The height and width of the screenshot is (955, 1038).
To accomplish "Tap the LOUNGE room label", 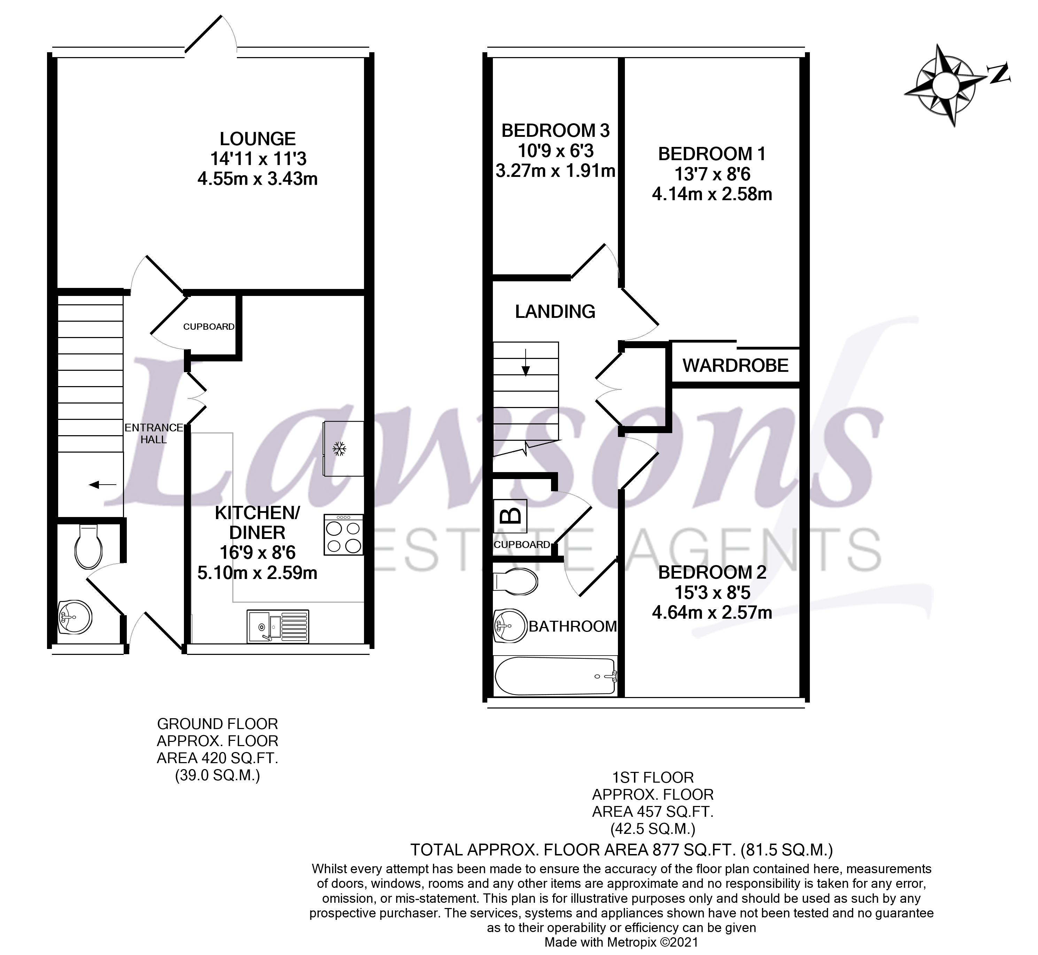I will click(x=257, y=139).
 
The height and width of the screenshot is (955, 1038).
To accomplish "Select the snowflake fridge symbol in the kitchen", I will click(x=339, y=448).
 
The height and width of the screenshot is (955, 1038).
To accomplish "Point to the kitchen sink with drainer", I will click(x=278, y=626).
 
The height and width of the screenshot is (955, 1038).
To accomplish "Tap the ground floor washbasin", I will click(x=75, y=617).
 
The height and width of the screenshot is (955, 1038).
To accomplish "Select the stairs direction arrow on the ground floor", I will click(x=102, y=485).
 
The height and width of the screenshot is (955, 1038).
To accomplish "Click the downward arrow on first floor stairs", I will click(x=526, y=363).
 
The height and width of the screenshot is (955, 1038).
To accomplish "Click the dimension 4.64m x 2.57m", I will click(x=712, y=613).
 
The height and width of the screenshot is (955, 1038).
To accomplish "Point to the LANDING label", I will click(x=555, y=312).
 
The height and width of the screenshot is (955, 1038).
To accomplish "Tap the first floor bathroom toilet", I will click(x=516, y=581).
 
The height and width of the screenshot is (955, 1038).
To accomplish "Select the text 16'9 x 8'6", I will click(x=257, y=553).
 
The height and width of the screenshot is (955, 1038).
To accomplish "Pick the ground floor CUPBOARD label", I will click(x=208, y=327).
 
